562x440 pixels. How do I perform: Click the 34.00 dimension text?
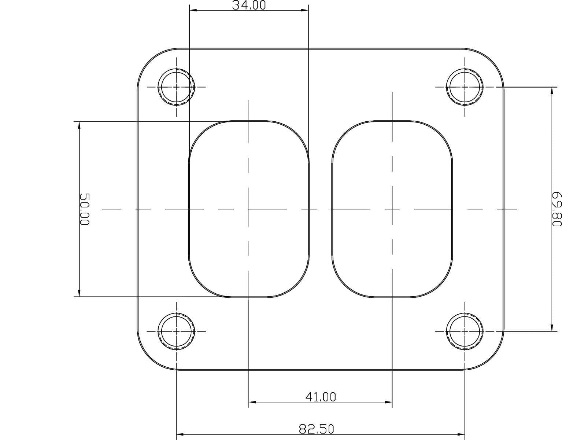tap(249, 5)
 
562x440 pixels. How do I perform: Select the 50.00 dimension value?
tap(84, 209)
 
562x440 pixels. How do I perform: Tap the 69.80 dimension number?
tap(557, 209)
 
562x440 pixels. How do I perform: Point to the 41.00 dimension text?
tap(320, 397)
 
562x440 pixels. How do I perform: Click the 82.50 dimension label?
tap(317, 429)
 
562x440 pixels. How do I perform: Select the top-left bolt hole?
tap(176, 87)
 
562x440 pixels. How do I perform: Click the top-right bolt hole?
tap(465, 87)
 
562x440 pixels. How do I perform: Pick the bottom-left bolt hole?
tap(176, 331)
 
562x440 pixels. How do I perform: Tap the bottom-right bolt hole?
tap(465, 331)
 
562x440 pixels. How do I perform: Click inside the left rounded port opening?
tap(220, 176)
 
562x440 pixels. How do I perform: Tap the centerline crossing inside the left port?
tap(249, 209)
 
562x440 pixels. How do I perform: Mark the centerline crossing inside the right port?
tap(392, 209)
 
